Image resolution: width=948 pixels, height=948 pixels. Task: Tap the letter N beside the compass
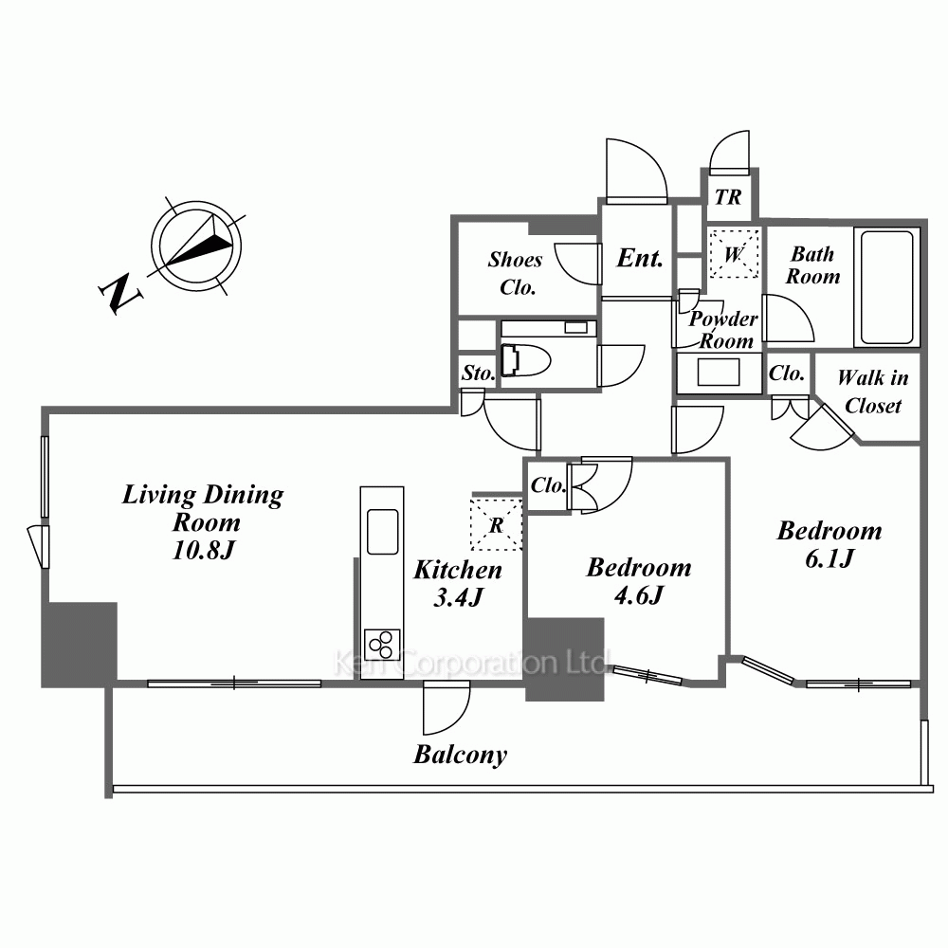click(x=120, y=295)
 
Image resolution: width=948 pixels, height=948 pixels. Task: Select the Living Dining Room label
click(x=203, y=522)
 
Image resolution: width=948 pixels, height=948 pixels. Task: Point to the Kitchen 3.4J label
click(x=458, y=583)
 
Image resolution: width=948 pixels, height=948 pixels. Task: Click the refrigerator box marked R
click(x=497, y=521)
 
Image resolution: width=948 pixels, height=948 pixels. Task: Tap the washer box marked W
click(x=734, y=254)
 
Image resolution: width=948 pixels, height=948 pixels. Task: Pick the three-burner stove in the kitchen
click(x=382, y=645)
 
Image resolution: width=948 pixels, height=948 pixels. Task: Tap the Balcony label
click(x=460, y=755)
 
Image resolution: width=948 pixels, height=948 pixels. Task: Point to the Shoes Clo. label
click(x=516, y=273)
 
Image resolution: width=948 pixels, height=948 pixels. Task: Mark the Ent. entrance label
click(x=639, y=258)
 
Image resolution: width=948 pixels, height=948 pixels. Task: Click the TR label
click(x=728, y=198)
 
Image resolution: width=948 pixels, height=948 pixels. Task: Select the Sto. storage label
click(x=478, y=374)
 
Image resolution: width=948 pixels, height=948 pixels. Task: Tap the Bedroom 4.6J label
click(x=638, y=581)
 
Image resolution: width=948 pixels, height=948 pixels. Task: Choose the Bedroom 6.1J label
click(x=829, y=544)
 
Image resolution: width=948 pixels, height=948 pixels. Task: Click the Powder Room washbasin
click(x=718, y=373)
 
